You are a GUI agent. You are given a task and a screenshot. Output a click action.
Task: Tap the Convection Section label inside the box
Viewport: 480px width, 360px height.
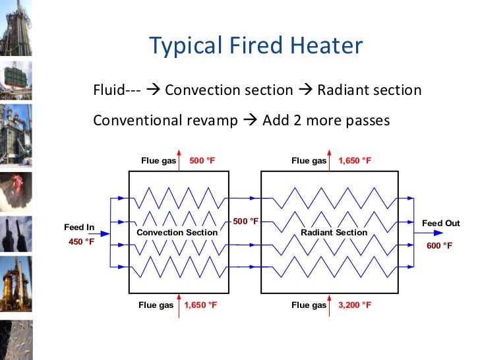coord(177,233)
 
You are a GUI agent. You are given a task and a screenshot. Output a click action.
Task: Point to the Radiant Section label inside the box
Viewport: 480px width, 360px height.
coord(334,233)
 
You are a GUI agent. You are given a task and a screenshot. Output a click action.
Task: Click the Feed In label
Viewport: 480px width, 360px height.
coord(79,227)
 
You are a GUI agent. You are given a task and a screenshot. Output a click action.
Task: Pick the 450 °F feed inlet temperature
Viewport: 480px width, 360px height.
coord(81,241)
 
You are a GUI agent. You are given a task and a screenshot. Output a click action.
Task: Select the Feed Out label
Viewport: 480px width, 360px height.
coord(440,224)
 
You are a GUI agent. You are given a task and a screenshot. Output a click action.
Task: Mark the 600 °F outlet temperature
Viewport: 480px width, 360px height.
coord(440,245)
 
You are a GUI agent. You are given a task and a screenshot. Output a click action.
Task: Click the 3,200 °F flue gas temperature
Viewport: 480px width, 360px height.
coord(355,305)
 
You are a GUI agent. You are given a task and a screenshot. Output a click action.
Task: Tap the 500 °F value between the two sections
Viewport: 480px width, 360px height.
coord(245,222)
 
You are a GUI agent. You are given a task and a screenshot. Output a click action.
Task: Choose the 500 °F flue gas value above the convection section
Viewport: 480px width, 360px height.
coord(202,161)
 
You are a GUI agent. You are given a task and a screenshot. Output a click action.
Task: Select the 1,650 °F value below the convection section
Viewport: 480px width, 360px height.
coord(200,305)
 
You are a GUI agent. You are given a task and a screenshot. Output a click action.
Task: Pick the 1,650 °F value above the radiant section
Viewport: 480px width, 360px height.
coord(355,161)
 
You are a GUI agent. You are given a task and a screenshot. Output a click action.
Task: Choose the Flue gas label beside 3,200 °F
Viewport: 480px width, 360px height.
coord(309,305)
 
